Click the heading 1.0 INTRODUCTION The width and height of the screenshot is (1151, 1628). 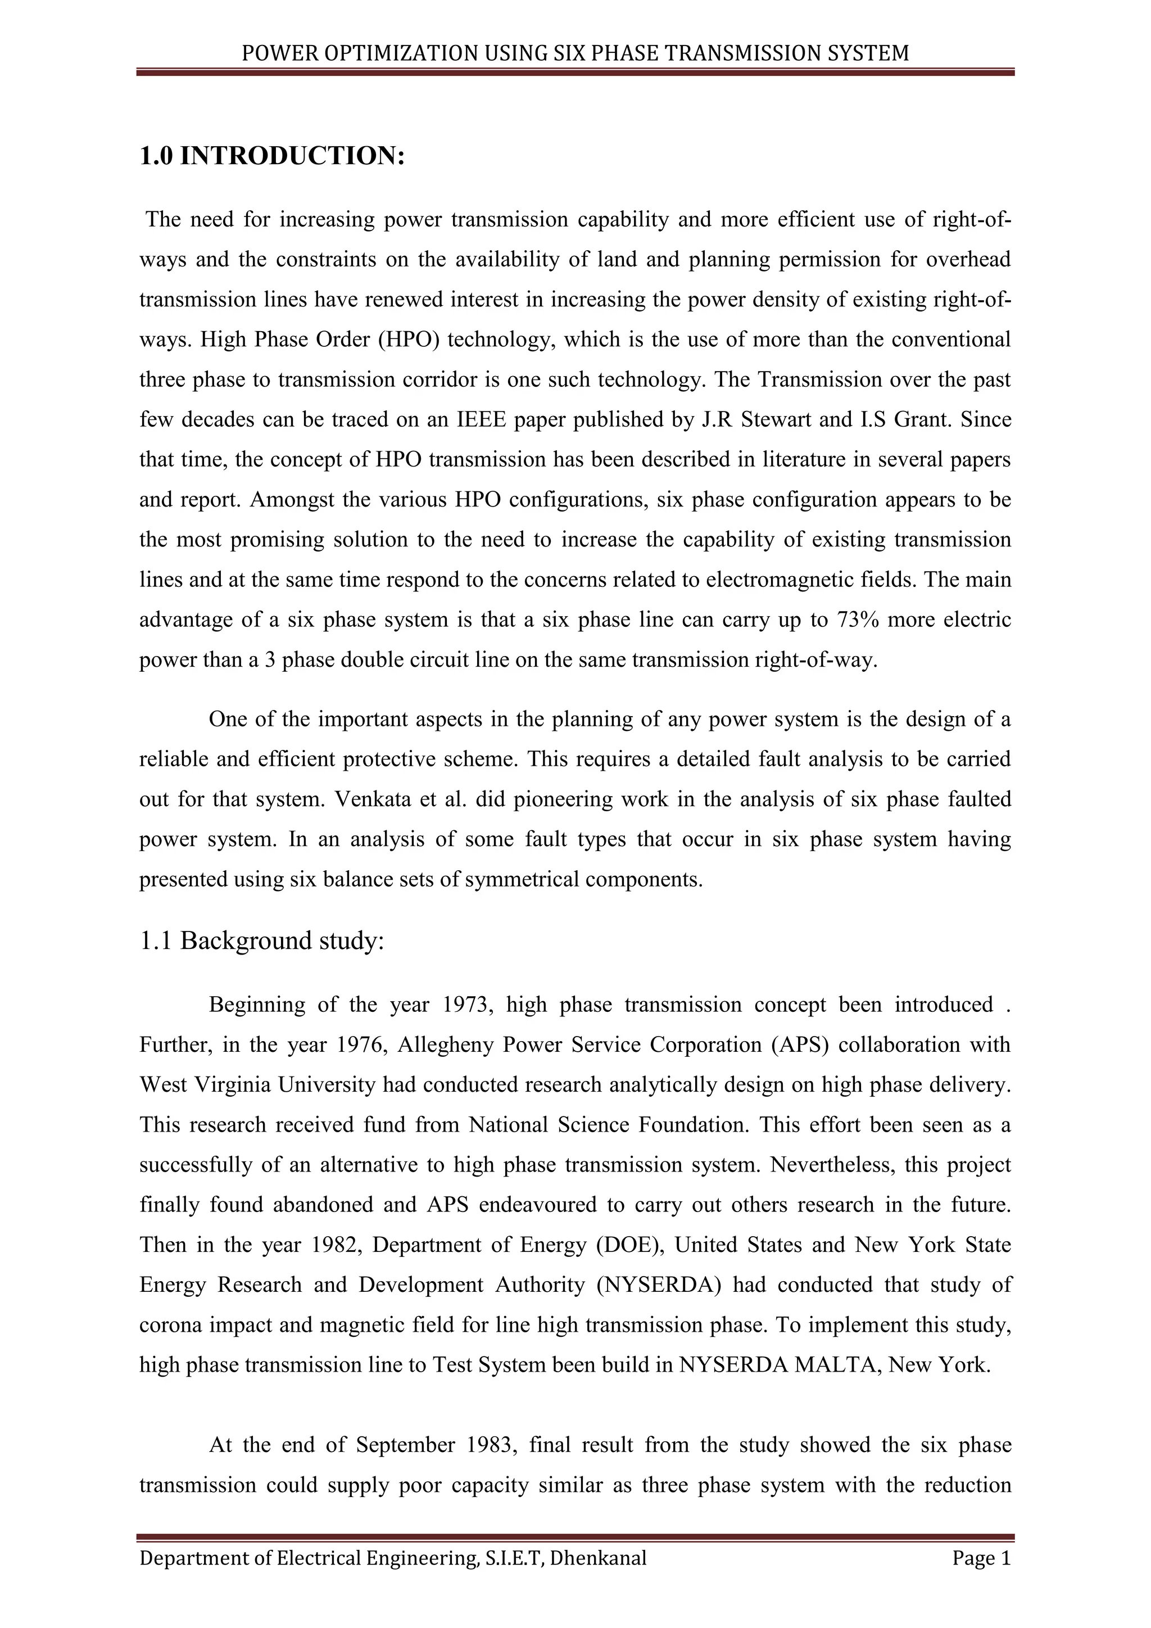(271, 156)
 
